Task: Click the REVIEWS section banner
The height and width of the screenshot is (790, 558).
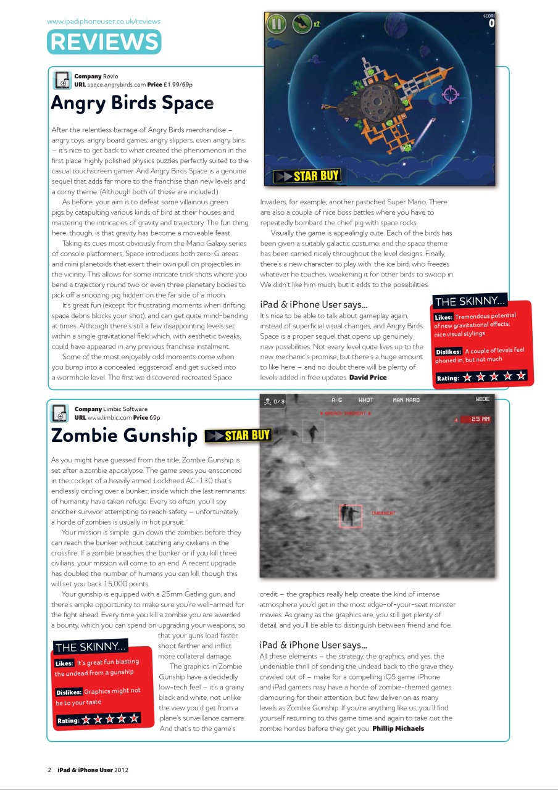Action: [x=104, y=42]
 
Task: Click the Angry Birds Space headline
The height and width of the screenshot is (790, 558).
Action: [x=132, y=102]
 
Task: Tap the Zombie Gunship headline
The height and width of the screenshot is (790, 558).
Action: [x=123, y=435]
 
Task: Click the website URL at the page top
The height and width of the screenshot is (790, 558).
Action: [x=104, y=22]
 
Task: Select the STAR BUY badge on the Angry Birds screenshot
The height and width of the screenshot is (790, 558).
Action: [x=307, y=176]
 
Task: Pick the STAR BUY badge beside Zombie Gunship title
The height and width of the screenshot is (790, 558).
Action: [x=238, y=436]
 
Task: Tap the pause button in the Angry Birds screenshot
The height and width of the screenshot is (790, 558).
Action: [x=276, y=25]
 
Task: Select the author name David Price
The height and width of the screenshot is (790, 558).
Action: [x=368, y=377]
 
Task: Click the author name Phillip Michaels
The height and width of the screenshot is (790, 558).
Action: [x=398, y=728]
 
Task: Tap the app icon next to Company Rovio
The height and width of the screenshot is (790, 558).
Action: [x=62, y=81]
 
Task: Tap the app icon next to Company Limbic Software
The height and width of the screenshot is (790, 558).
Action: [x=60, y=413]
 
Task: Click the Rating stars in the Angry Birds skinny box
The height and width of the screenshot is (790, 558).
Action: [x=494, y=376]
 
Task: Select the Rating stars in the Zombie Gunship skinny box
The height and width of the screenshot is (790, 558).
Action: [x=111, y=719]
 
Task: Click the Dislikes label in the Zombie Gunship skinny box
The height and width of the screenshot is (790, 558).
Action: [x=69, y=692]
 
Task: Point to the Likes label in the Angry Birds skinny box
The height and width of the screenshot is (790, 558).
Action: [x=444, y=317]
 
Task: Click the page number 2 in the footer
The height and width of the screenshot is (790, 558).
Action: [x=49, y=770]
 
